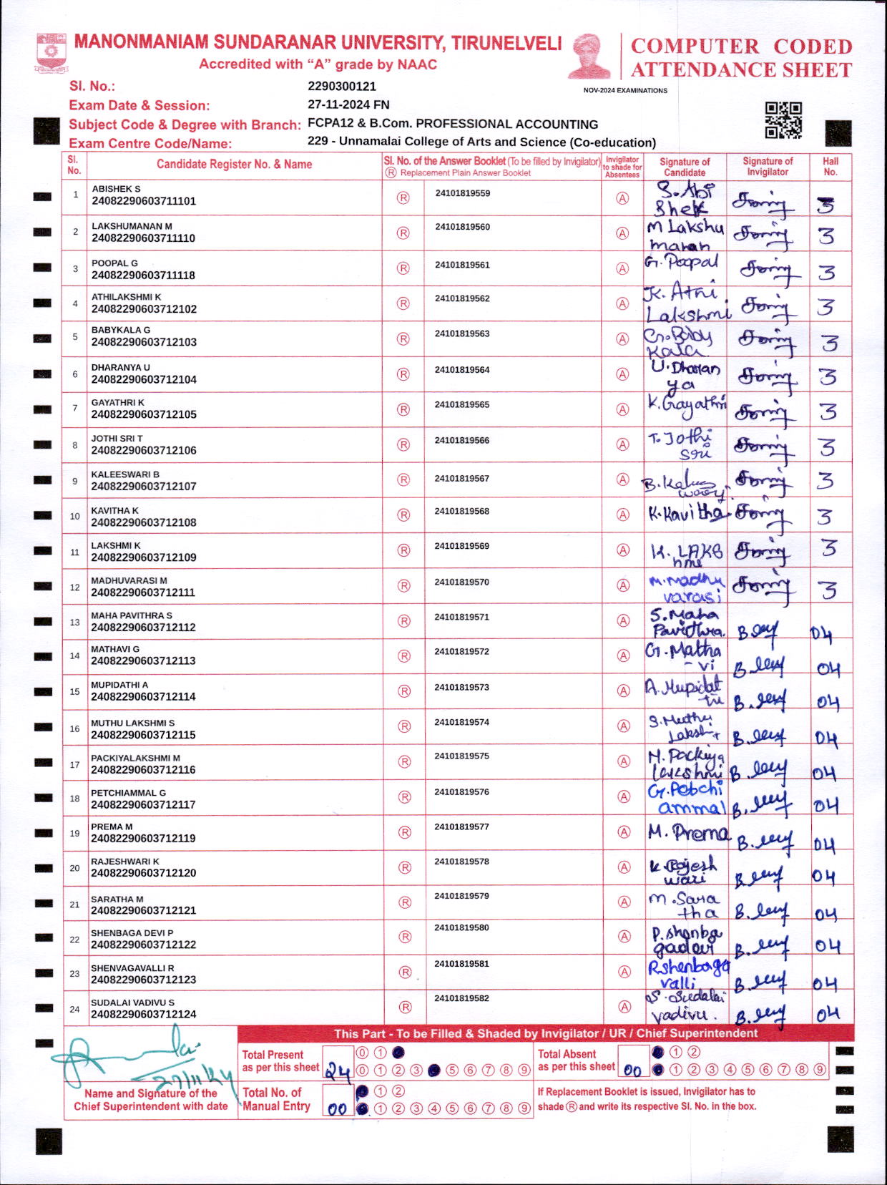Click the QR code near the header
783,120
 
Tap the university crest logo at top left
51,51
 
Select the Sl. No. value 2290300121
342,87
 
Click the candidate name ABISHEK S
116,189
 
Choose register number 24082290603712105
144,414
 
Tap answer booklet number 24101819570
461,582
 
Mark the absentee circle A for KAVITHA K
623,515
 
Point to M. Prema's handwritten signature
688,832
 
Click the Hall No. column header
830,166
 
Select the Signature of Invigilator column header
768,166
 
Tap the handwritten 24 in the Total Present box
338,1071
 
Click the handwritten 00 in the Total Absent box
632,1071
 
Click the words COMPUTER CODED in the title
741,47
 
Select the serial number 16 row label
74,728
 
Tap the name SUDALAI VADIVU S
132,1003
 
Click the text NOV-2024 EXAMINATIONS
625,91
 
